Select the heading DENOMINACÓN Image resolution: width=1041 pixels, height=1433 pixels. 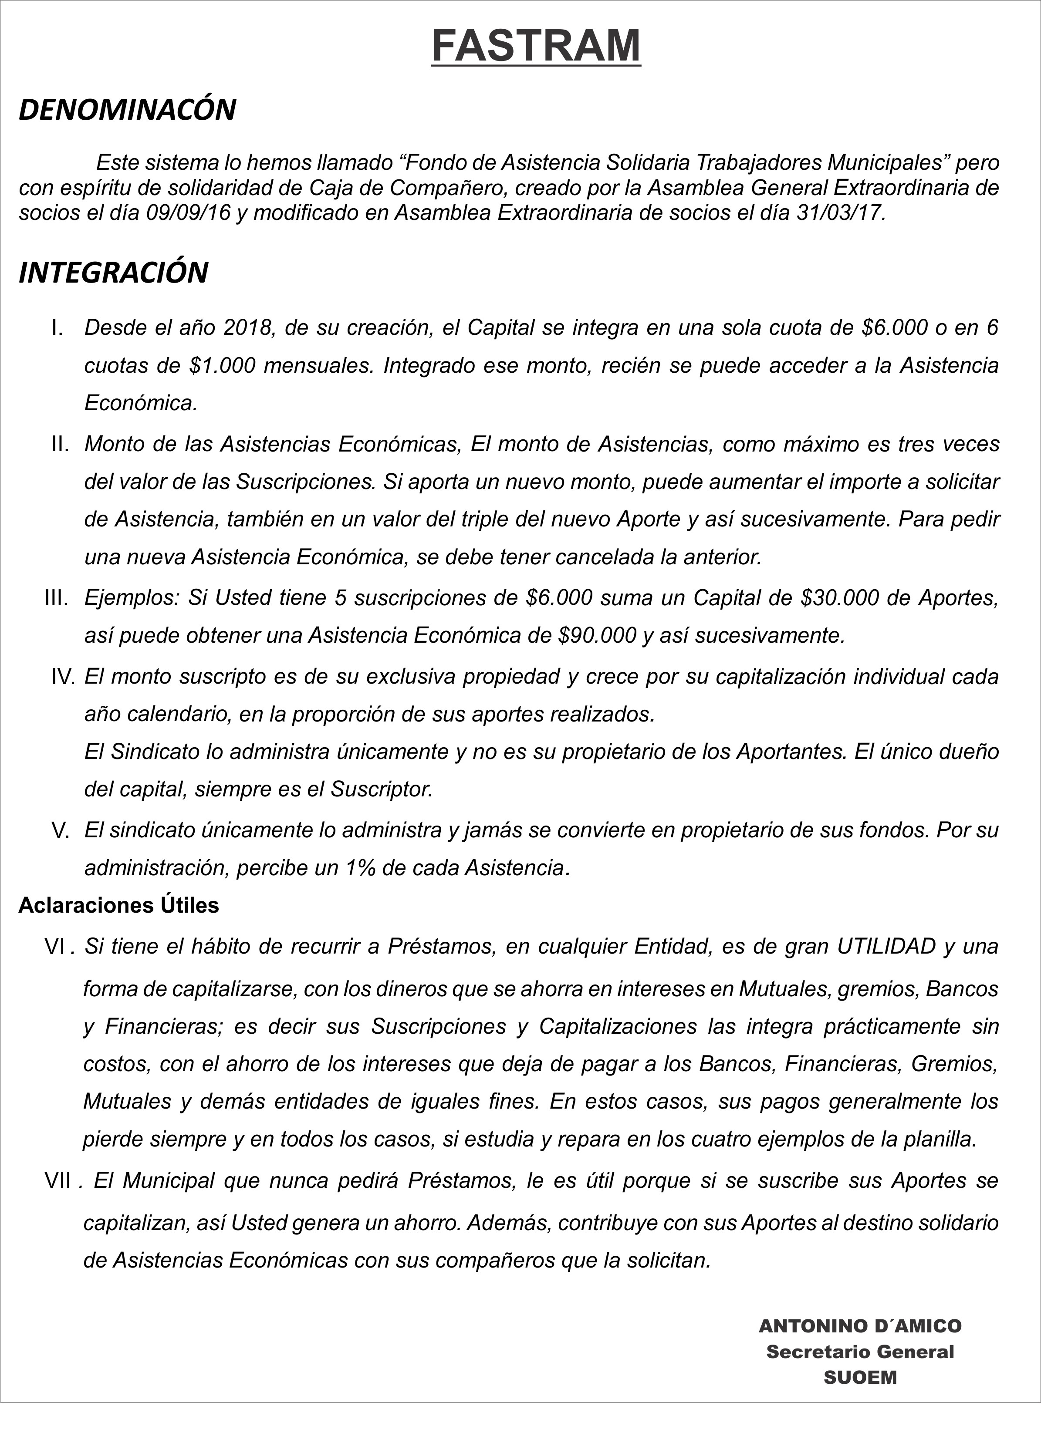(x=127, y=109)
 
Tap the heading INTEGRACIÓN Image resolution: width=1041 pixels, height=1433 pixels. (x=114, y=272)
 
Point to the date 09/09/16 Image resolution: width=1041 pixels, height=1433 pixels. (x=188, y=212)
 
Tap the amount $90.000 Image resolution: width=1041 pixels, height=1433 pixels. (x=597, y=635)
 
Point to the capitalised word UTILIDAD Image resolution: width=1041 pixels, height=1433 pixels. (x=886, y=946)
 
